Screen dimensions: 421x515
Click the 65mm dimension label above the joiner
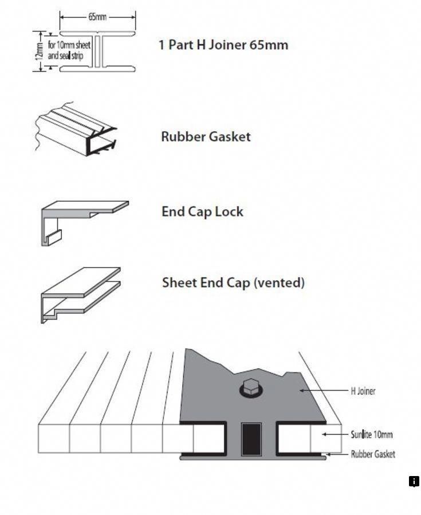pos(97,17)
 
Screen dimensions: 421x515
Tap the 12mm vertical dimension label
pos(39,51)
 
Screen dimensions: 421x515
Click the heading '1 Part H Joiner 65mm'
pos(223,45)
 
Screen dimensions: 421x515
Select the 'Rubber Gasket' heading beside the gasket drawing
pos(206,137)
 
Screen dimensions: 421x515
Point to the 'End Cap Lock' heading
pos(202,212)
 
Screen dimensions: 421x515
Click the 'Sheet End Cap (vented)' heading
pos(233,283)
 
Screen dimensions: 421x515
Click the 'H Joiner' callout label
pos(363,391)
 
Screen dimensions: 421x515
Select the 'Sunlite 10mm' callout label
pos(371,435)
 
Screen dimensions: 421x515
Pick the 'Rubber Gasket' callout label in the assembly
pos(373,454)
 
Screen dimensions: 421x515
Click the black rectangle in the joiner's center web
pos(251,439)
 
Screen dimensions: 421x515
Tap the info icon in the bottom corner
pos(414,482)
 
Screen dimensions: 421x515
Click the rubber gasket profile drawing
pos(76,130)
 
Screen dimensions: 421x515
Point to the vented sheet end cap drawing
pos(80,295)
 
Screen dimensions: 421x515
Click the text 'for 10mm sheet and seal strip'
pos(69,50)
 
